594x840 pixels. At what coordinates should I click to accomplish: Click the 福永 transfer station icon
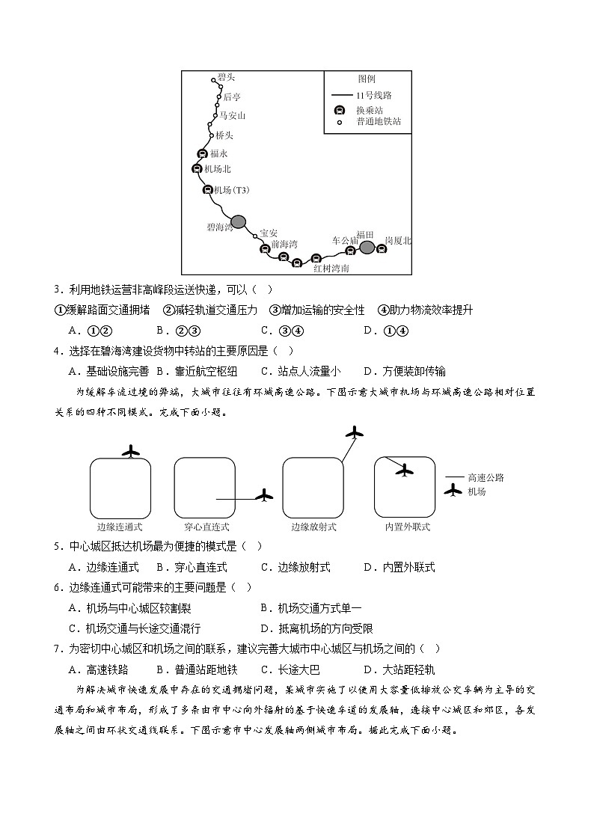pyautogui.click(x=201, y=153)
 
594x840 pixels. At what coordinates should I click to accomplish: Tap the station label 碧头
pyautogui.click(x=226, y=78)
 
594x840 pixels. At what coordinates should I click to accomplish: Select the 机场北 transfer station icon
pyautogui.click(x=197, y=169)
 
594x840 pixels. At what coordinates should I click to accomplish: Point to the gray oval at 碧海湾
pyautogui.click(x=238, y=221)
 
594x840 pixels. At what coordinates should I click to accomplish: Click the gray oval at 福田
pyautogui.click(x=367, y=248)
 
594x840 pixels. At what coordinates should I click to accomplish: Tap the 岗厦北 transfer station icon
pyautogui.click(x=382, y=250)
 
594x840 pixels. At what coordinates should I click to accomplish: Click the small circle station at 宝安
pyautogui.click(x=255, y=236)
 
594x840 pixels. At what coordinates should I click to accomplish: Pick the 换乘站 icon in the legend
pyautogui.click(x=340, y=109)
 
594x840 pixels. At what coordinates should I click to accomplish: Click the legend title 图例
pyautogui.click(x=367, y=79)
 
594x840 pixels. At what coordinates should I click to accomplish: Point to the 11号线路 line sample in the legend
pyautogui.click(x=341, y=95)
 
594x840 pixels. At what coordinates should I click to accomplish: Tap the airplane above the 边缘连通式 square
pyautogui.click(x=131, y=451)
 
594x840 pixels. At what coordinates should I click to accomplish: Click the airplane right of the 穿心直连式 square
pyautogui.click(x=264, y=495)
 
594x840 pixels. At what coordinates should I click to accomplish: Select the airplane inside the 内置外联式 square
pyautogui.click(x=405, y=470)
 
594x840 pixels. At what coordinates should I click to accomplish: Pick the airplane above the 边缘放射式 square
pyautogui.click(x=355, y=432)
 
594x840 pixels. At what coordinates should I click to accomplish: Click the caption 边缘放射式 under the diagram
pyautogui.click(x=313, y=527)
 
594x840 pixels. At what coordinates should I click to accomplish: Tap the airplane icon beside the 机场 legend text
pyautogui.click(x=453, y=491)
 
